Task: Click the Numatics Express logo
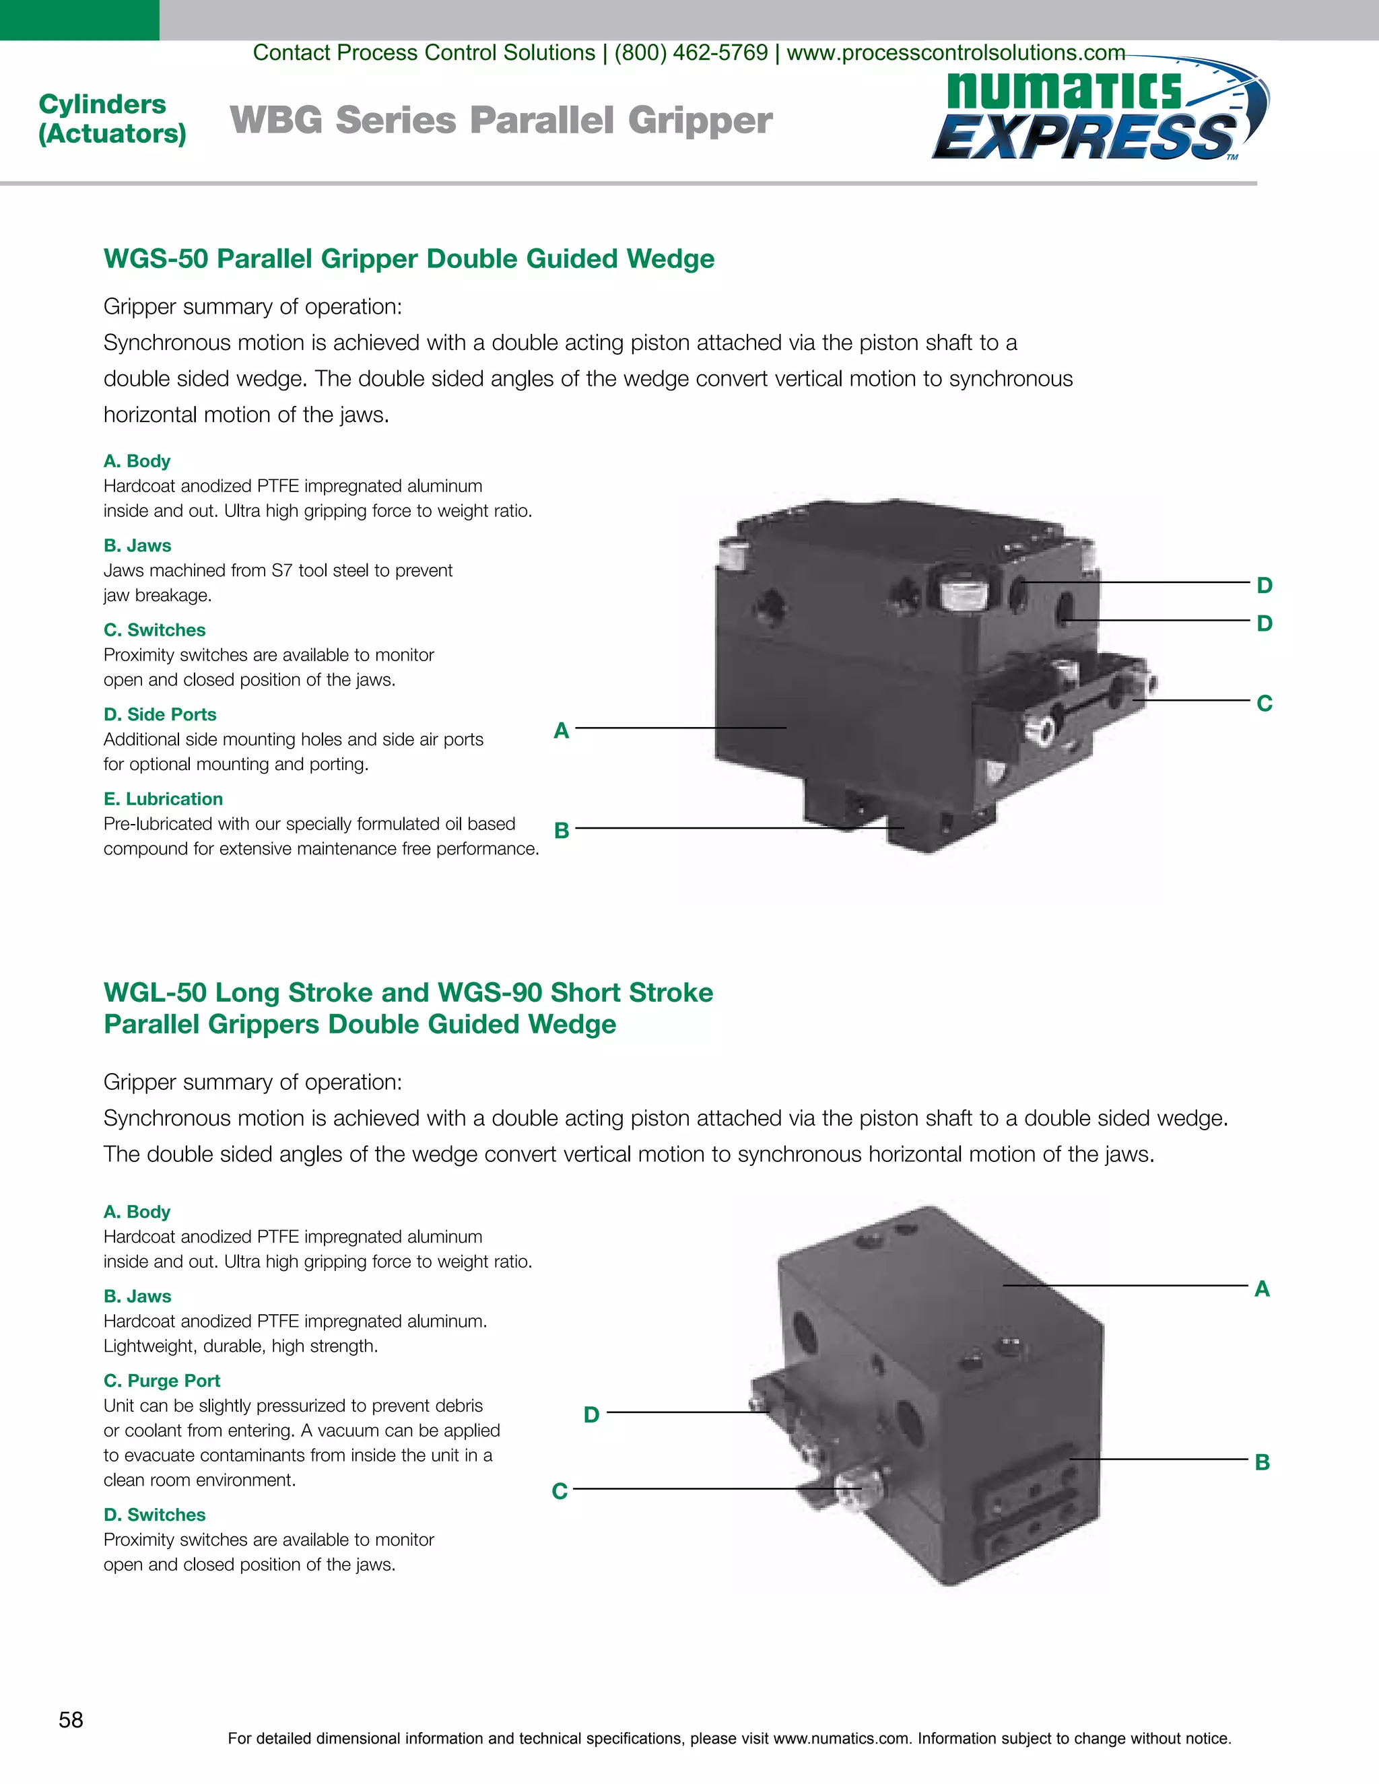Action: tap(1099, 114)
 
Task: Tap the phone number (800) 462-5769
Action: tap(690, 53)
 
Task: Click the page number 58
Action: tap(71, 1719)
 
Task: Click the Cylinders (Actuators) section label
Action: tap(112, 118)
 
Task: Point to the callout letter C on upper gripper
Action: tap(1264, 704)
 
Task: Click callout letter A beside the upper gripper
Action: tap(562, 730)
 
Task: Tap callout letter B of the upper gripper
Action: tap(562, 831)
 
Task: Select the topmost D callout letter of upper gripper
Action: tap(1264, 586)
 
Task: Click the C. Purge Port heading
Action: tap(162, 1381)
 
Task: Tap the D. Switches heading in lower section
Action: tap(154, 1515)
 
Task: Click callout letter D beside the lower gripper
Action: tap(591, 1415)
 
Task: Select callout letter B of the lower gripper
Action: tap(1263, 1462)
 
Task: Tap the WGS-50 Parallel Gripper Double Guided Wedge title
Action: tap(409, 259)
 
